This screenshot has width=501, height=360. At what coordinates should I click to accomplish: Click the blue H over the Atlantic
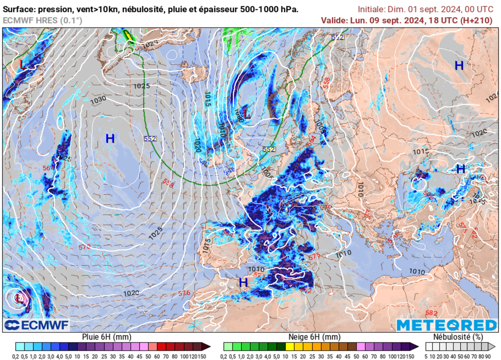(110, 139)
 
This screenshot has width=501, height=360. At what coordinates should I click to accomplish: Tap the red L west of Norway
(247, 114)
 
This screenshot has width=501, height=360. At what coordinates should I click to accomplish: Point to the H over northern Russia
(459, 66)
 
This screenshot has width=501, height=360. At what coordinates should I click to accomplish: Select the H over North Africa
(243, 282)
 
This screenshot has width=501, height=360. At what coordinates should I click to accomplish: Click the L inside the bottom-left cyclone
(19, 297)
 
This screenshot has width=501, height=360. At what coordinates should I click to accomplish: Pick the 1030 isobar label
(98, 100)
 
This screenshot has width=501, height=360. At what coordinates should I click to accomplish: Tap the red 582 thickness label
(431, 313)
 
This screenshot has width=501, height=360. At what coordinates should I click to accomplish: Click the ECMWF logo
(37, 325)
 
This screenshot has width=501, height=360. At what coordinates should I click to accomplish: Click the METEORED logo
(446, 325)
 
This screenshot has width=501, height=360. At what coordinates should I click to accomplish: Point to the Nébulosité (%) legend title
(458, 337)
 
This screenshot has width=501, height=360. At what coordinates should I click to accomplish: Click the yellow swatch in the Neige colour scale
(289, 346)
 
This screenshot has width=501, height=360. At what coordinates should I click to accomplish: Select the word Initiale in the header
(371, 9)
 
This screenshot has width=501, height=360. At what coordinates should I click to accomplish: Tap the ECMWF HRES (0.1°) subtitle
(43, 20)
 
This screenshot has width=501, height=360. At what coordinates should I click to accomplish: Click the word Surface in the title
(17, 9)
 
